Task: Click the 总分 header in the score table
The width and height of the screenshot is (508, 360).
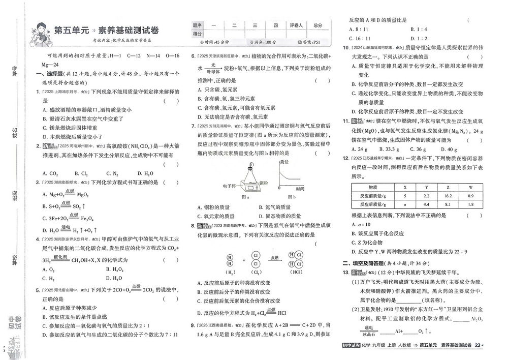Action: coord(318,24)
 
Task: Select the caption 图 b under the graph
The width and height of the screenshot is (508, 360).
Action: coord(290,196)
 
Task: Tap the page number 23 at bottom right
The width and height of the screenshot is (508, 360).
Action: coord(477,346)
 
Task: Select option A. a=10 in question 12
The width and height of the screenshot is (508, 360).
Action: coord(361,224)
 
